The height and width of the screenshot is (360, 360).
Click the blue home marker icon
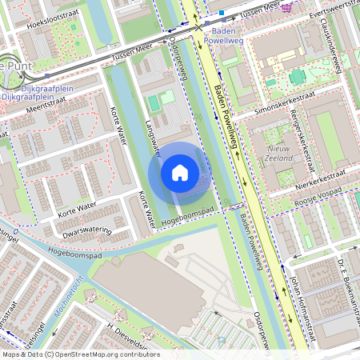tap(180, 172)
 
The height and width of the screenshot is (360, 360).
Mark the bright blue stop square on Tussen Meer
tap(222, 13)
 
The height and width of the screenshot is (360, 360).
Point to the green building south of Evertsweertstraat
tap(298, 77)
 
